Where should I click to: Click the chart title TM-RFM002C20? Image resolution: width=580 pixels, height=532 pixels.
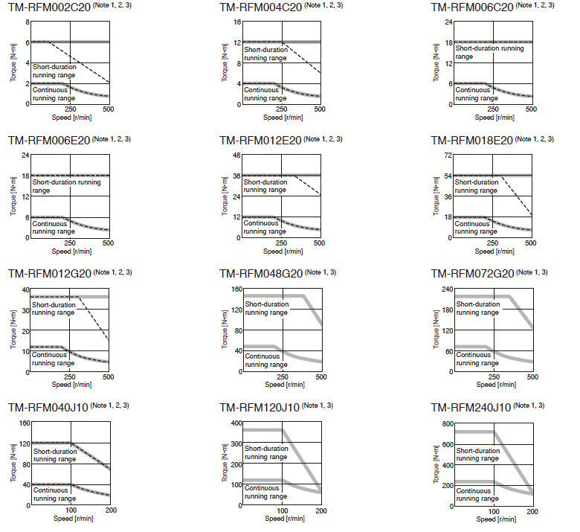tap(48, 7)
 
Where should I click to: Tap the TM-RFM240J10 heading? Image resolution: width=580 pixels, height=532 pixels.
tap(471, 408)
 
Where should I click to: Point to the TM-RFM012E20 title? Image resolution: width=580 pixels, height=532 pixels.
tap(260, 141)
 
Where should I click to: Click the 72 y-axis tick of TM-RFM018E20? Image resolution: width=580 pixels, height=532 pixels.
tap(448, 156)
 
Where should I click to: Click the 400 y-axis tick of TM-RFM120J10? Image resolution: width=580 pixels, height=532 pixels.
tap(234, 423)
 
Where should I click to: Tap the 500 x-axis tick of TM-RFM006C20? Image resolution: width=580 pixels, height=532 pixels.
tap(531, 109)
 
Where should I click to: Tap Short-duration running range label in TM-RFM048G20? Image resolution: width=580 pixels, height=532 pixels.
tap(264, 308)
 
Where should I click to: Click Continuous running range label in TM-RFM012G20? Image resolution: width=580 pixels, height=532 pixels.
tap(53, 359)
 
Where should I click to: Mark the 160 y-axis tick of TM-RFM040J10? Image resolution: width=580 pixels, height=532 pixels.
tap(23, 423)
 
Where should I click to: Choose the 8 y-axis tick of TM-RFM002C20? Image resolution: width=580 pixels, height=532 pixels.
tap(28, 22)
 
